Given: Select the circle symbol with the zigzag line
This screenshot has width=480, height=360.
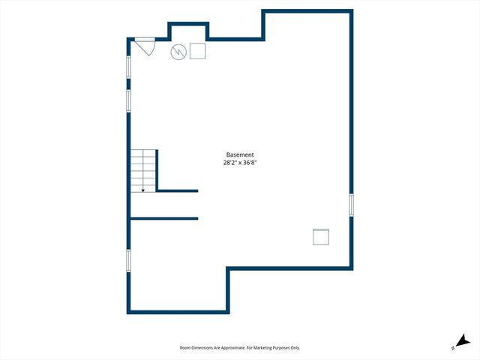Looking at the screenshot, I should (178, 51).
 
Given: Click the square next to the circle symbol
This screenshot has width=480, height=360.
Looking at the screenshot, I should (198, 51).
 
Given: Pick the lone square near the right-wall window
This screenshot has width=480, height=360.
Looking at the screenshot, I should (321, 237).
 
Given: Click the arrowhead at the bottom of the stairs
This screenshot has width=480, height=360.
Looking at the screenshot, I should (142, 190).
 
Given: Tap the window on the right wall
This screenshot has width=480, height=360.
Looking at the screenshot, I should (351, 205).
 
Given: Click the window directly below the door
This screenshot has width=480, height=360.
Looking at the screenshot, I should (128, 67).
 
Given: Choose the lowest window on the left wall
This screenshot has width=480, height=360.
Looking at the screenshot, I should (128, 260).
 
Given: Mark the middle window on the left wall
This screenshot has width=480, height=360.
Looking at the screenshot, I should (128, 100).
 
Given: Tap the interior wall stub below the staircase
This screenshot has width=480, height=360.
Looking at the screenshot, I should (165, 218).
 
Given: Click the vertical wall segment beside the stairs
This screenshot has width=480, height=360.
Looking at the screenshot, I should (157, 170).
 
